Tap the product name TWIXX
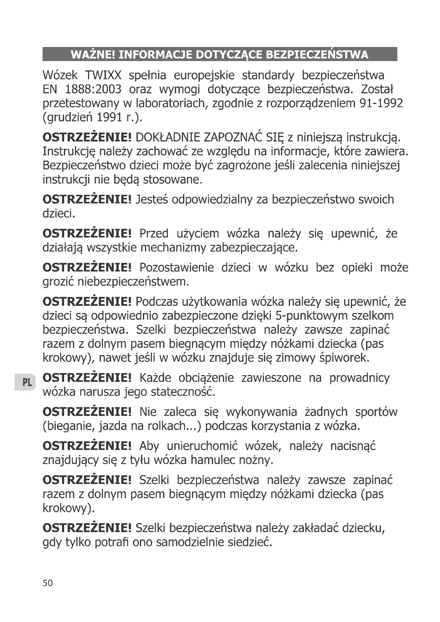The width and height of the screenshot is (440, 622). [103, 75]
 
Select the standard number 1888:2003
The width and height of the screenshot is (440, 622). [93, 89]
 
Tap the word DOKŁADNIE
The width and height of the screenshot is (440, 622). [167, 138]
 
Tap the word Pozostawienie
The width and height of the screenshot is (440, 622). [176, 268]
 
